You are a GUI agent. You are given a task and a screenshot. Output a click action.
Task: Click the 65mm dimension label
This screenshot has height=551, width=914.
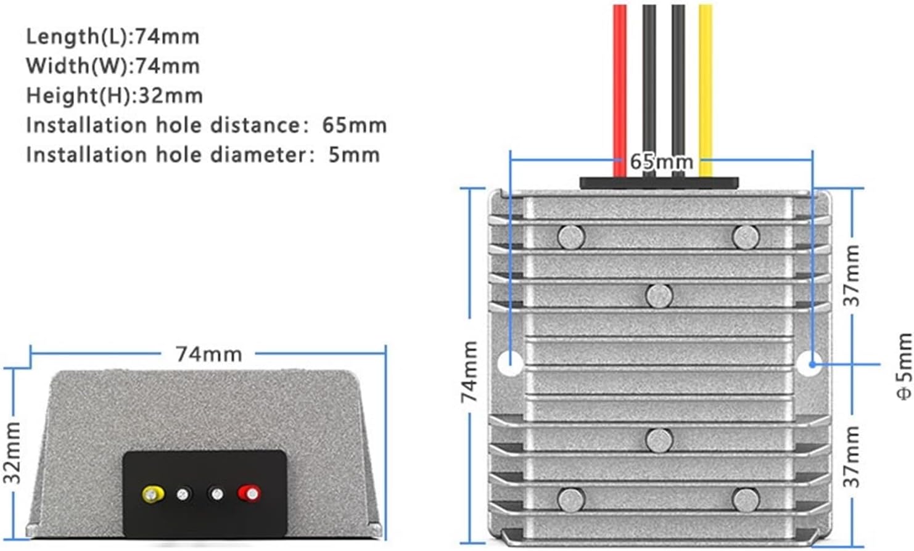point(661,162)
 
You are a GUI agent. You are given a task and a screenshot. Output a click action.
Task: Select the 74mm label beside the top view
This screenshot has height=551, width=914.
point(470,371)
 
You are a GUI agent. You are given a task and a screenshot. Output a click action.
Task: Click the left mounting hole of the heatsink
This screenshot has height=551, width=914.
point(510,364)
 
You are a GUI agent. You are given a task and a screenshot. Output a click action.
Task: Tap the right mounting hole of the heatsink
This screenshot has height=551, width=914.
point(809,364)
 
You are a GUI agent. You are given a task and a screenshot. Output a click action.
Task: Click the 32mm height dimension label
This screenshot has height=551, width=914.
point(12,453)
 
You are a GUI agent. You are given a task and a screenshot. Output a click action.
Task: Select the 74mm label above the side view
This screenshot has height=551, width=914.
point(208,354)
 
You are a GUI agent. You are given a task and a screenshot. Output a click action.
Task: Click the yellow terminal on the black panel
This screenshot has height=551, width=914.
point(152,494)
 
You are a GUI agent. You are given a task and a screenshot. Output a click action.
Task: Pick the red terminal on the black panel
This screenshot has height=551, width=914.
point(250,493)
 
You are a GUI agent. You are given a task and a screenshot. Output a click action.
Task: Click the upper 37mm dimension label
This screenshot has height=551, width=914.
point(852,275)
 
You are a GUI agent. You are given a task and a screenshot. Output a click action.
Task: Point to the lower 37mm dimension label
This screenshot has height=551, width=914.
point(852,456)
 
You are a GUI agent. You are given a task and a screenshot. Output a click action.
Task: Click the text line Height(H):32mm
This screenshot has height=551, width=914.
point(114,96)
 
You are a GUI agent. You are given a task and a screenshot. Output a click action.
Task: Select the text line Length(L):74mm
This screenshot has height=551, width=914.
point(112,36)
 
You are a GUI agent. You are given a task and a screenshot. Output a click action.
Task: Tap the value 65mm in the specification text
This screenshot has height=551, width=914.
point(354,125)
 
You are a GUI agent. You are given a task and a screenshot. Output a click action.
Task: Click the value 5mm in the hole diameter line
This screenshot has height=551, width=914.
point(353,154)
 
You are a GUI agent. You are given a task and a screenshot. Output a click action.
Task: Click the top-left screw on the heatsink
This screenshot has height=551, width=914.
point(571,236)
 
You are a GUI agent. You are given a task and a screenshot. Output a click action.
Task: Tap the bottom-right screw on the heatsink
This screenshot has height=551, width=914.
point(746,499)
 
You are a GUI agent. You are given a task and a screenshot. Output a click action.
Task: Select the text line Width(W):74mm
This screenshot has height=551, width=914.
point(113,66)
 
